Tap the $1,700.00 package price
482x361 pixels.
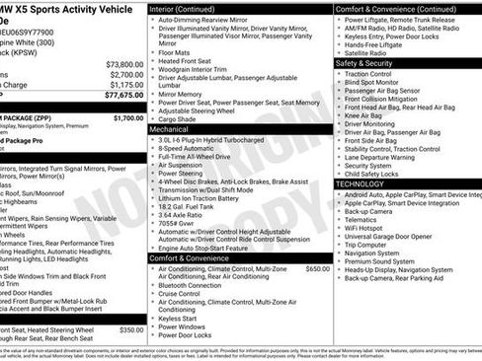point(128,117)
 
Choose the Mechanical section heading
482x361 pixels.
point(169,129)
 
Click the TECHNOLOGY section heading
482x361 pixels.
point(360,183)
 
